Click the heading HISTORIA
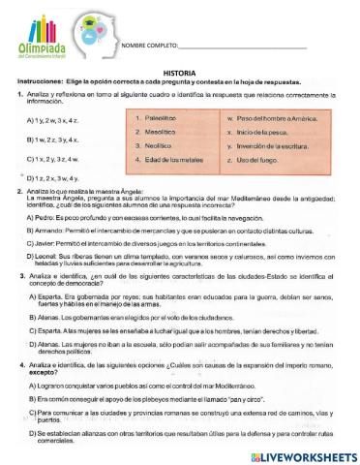(x=180, y=73)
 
